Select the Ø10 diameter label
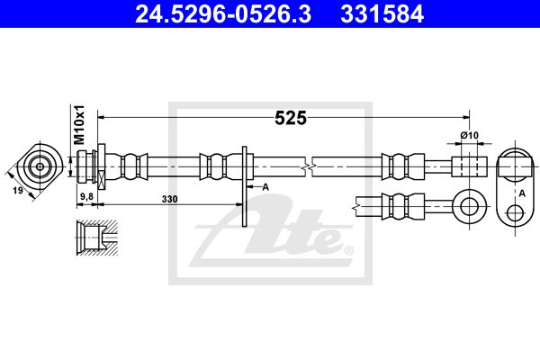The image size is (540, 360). tap(468, 136)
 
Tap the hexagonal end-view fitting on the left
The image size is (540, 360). tap(40, 166)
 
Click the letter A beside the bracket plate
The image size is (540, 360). tap(265, 187)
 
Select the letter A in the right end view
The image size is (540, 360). tap(523, 192)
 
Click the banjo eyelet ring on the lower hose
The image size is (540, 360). tap(468, 205)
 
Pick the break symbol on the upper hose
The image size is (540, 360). tap(310, 166)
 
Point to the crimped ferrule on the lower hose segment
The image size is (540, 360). tap(399, 204)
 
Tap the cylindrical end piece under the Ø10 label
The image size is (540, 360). tap(468, 166)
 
